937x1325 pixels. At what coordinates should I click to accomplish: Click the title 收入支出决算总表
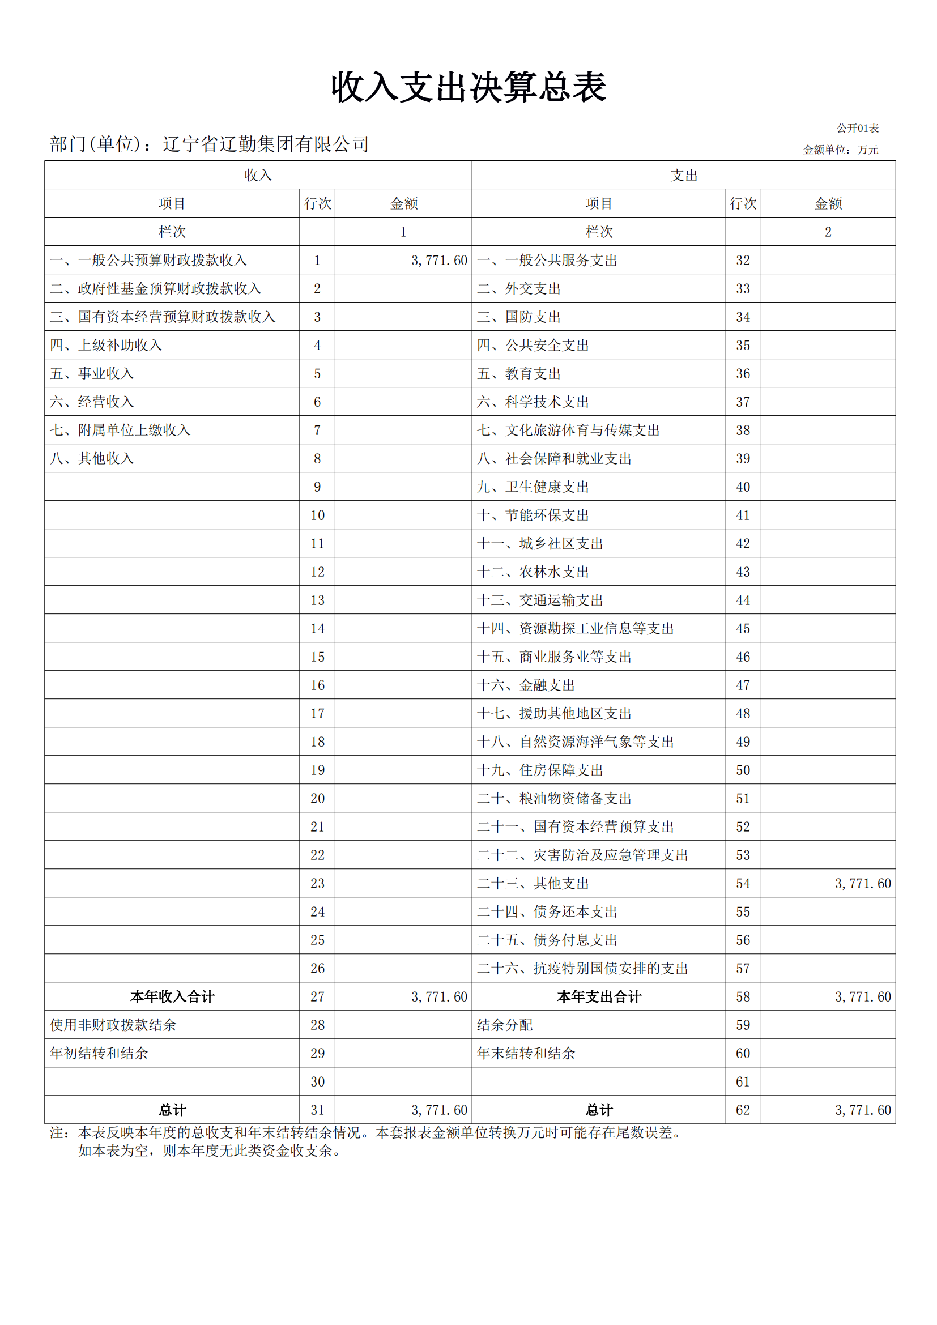[x=468, y=88]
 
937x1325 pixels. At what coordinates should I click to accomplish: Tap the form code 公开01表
[x=857, y=128]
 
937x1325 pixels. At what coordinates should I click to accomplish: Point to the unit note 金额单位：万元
[x=840, y=150]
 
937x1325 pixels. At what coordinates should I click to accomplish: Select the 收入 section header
[x=258, y=176]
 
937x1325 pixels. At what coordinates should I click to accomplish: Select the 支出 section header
[x=684, y=176]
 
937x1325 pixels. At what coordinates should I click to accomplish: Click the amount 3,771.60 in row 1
[x=439, y=260]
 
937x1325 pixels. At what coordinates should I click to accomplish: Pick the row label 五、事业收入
[x=92, y=373]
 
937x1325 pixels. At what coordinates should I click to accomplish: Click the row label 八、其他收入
[x=92, y=458]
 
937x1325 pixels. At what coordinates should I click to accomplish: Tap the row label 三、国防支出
[x=519, y=317]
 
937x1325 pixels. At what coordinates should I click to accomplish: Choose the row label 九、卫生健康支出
[x=533, y=487]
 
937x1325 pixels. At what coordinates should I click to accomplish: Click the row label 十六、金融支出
[x=526, y=685]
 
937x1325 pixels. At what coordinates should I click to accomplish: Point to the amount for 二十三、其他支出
[x=863, y=883]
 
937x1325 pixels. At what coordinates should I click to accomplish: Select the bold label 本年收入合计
[x=172, y=996]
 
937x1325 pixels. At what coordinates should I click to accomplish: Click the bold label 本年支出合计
[x=599, y=996]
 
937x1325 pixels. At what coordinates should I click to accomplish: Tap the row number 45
[x=743, y=628]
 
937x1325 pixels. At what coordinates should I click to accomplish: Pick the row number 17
[x=317, y=713]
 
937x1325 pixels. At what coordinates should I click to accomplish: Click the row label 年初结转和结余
[x=99, y=1053]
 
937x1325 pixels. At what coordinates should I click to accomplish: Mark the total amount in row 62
[x=863, y=1110]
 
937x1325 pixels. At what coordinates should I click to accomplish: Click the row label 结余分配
[x=505, y=1025]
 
